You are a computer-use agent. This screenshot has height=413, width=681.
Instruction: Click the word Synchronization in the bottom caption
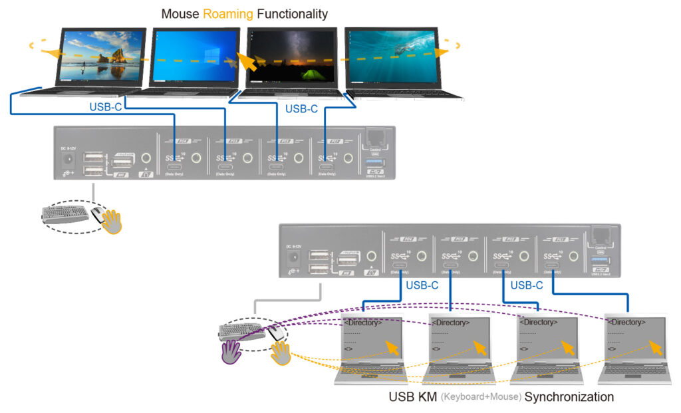point(569,398)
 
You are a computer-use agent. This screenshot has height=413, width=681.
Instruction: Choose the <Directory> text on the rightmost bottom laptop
point(626,322)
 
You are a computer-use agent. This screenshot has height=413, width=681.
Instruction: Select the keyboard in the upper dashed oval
point(65,213)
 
